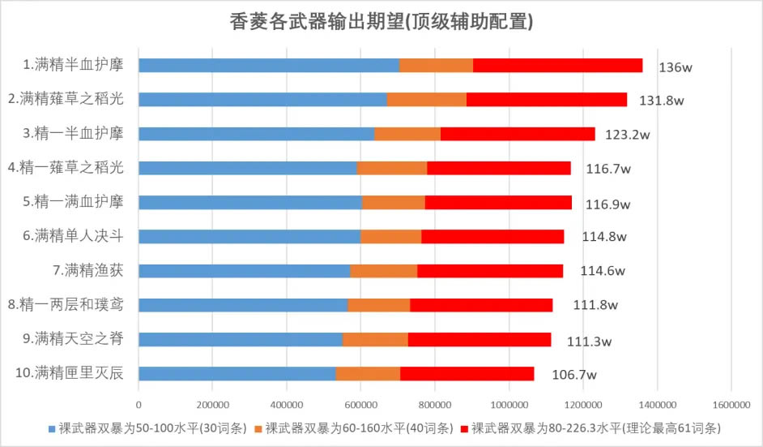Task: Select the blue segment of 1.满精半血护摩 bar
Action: coord(268,65)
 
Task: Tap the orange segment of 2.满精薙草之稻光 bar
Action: coord(426,99)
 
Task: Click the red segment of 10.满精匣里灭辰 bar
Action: coord(467,373)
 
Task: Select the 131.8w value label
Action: coord(663,101)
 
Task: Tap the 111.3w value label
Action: coord(589,341)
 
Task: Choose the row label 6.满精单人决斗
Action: coord(79,236)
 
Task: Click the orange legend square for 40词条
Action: coord(258,428)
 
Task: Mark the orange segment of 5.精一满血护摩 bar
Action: coord(393,202)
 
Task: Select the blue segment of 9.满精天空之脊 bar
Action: coord(240,339)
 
